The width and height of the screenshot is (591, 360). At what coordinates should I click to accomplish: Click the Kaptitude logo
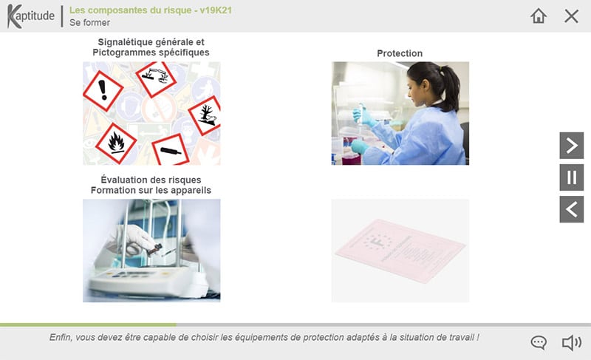click(31, 16)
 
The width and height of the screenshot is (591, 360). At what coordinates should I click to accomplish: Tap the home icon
click(539, 16)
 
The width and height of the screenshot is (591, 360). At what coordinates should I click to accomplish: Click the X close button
click(571, 16)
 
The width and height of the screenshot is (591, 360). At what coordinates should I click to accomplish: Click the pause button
click(571, 177)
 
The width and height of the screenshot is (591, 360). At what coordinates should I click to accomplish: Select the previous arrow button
click(571, 209)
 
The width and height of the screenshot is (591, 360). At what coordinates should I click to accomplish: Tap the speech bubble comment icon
click(539, 343)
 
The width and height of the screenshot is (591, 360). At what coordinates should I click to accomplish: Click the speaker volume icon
click(571, 343)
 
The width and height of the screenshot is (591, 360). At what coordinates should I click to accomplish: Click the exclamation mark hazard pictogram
click(103, 91)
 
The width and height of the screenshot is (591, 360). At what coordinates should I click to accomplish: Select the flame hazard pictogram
click(116, 143)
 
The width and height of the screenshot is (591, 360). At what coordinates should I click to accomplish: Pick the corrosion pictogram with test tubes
click(155, 78)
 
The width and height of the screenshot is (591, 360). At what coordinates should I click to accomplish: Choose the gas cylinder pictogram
click(171, 151)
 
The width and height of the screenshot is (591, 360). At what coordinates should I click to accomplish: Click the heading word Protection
click(400, 53)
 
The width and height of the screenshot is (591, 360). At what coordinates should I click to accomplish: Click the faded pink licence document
click(400, 251)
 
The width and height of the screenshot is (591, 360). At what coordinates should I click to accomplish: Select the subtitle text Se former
click(89, 23)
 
